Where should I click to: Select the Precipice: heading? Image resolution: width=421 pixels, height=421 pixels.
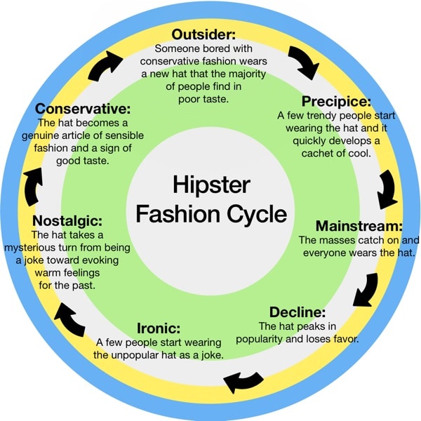tap(336, 101)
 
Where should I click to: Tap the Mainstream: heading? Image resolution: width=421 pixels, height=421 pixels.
tap(359, 226)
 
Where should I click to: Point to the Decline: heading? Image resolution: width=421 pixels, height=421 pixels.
tap(298, 312)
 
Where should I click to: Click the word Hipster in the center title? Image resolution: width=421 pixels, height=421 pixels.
tap(211, 185)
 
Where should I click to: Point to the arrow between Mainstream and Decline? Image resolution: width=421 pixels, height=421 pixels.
tap(366, 288)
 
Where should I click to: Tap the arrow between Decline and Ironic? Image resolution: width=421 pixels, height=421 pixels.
tap(243, 381)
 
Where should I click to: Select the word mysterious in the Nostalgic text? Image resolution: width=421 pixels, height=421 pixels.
tap(36, 248)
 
